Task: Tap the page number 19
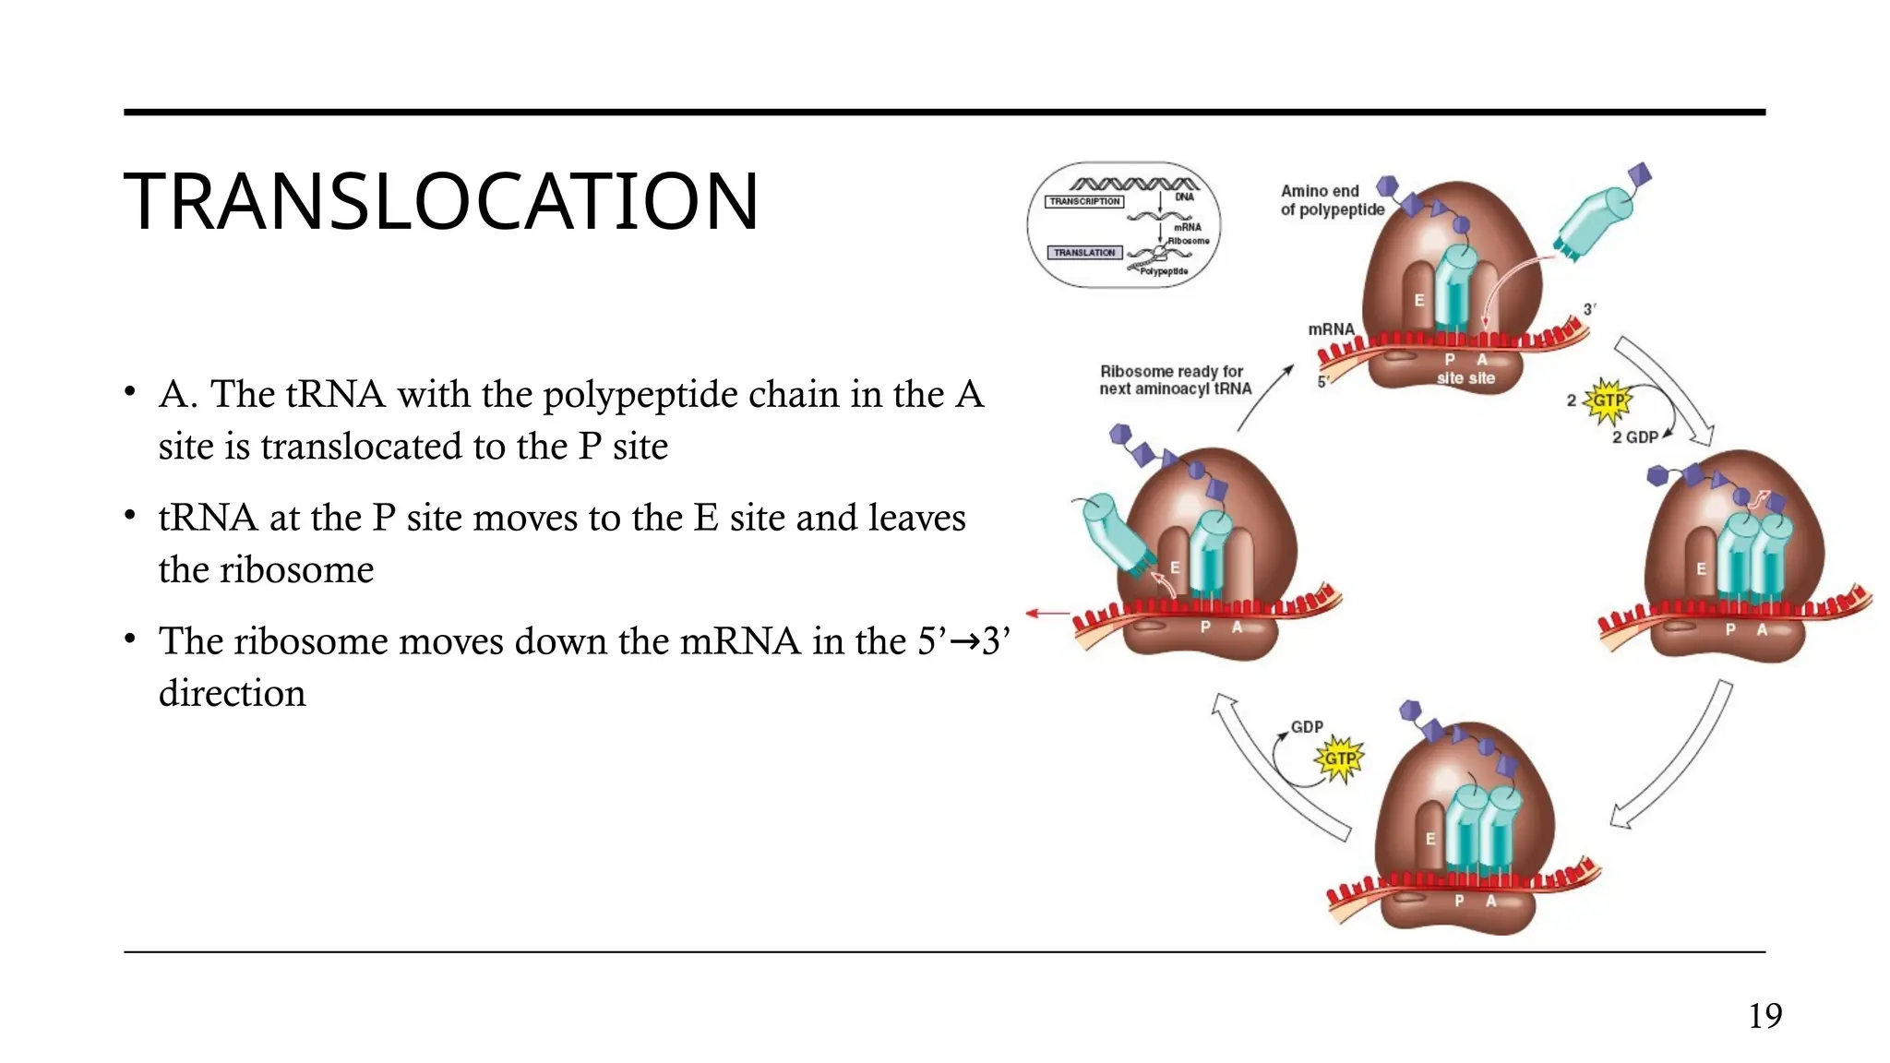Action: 1764,1016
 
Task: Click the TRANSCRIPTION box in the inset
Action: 1084,201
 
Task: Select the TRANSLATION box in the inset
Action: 1084,253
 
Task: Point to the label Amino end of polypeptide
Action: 1332,200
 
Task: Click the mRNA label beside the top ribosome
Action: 1331,329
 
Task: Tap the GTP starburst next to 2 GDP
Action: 1608,401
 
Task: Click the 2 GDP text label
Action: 1634,437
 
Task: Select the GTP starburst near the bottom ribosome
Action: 1339,759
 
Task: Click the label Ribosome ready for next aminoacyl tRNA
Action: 1174,380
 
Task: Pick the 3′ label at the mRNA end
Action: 1589,310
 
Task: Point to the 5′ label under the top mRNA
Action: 1322,381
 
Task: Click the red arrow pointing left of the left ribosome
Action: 1047,613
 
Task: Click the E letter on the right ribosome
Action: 1701,569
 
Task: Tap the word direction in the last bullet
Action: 232,693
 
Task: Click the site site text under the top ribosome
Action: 1465,378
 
